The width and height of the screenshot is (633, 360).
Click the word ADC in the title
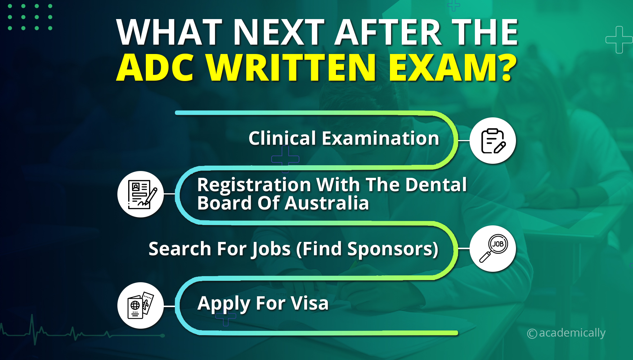coord(155,68)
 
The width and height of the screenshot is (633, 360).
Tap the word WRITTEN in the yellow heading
coord(291,68)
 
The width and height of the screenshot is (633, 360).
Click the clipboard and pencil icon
coord(493,140)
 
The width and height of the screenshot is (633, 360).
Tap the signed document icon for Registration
coord(140,194)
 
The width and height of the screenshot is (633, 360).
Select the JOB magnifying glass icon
coord(493,248)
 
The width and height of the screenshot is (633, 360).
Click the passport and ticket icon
coord(140,305)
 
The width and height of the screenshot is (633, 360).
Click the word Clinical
coord(282,138)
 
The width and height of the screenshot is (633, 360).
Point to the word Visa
coord(310,303)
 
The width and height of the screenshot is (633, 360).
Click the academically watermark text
coord(572,333)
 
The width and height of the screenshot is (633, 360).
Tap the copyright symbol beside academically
coord(532,334)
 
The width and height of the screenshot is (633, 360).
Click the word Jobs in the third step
coord(271,249)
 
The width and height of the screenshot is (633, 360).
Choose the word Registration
coord(254,185)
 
